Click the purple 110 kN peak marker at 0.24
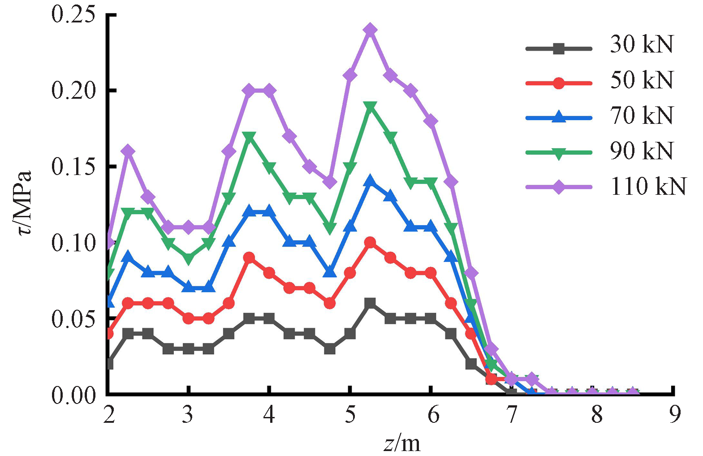[x=370, y=30]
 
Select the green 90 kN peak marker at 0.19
[x=370, y=106]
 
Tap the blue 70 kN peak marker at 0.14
[x=370, y=181]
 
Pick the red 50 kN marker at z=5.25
[x=370, y=243]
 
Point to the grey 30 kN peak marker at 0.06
[x=370, y=303]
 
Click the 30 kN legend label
[x=642, y=44]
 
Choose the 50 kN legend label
[x=642, y=80]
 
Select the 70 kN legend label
[x=642, y=115]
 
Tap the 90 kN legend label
[x=642, y=151]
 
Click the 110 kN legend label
[x=648, y=186]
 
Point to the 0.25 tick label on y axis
[x=74, y=14]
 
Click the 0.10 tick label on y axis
[x=74, y=243]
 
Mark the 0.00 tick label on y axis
[x=74, y=395]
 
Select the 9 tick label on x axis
[x=674, y=415]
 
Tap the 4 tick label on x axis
[x=269, y=415]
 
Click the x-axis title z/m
[x=402, y=443]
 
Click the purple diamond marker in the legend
[x=559, y=186]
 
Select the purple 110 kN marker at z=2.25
[x=128, y=151]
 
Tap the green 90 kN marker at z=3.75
[x=249, y=137]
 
